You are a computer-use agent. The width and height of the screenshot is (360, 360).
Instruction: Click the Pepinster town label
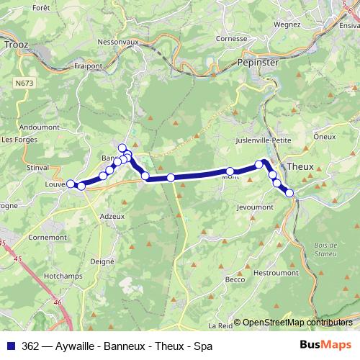(257, 63)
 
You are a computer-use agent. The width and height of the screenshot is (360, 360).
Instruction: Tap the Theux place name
(300, 166)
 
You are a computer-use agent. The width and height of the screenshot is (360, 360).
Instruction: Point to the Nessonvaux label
(122, 42)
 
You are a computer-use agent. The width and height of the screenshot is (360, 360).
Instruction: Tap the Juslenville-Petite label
(263, 141)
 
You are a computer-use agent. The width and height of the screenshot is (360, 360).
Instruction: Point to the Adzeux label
(112, 216)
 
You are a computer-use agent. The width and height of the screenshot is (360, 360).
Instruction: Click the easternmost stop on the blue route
(290, 192)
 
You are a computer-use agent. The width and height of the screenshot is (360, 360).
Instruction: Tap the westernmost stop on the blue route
(71, 184)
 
